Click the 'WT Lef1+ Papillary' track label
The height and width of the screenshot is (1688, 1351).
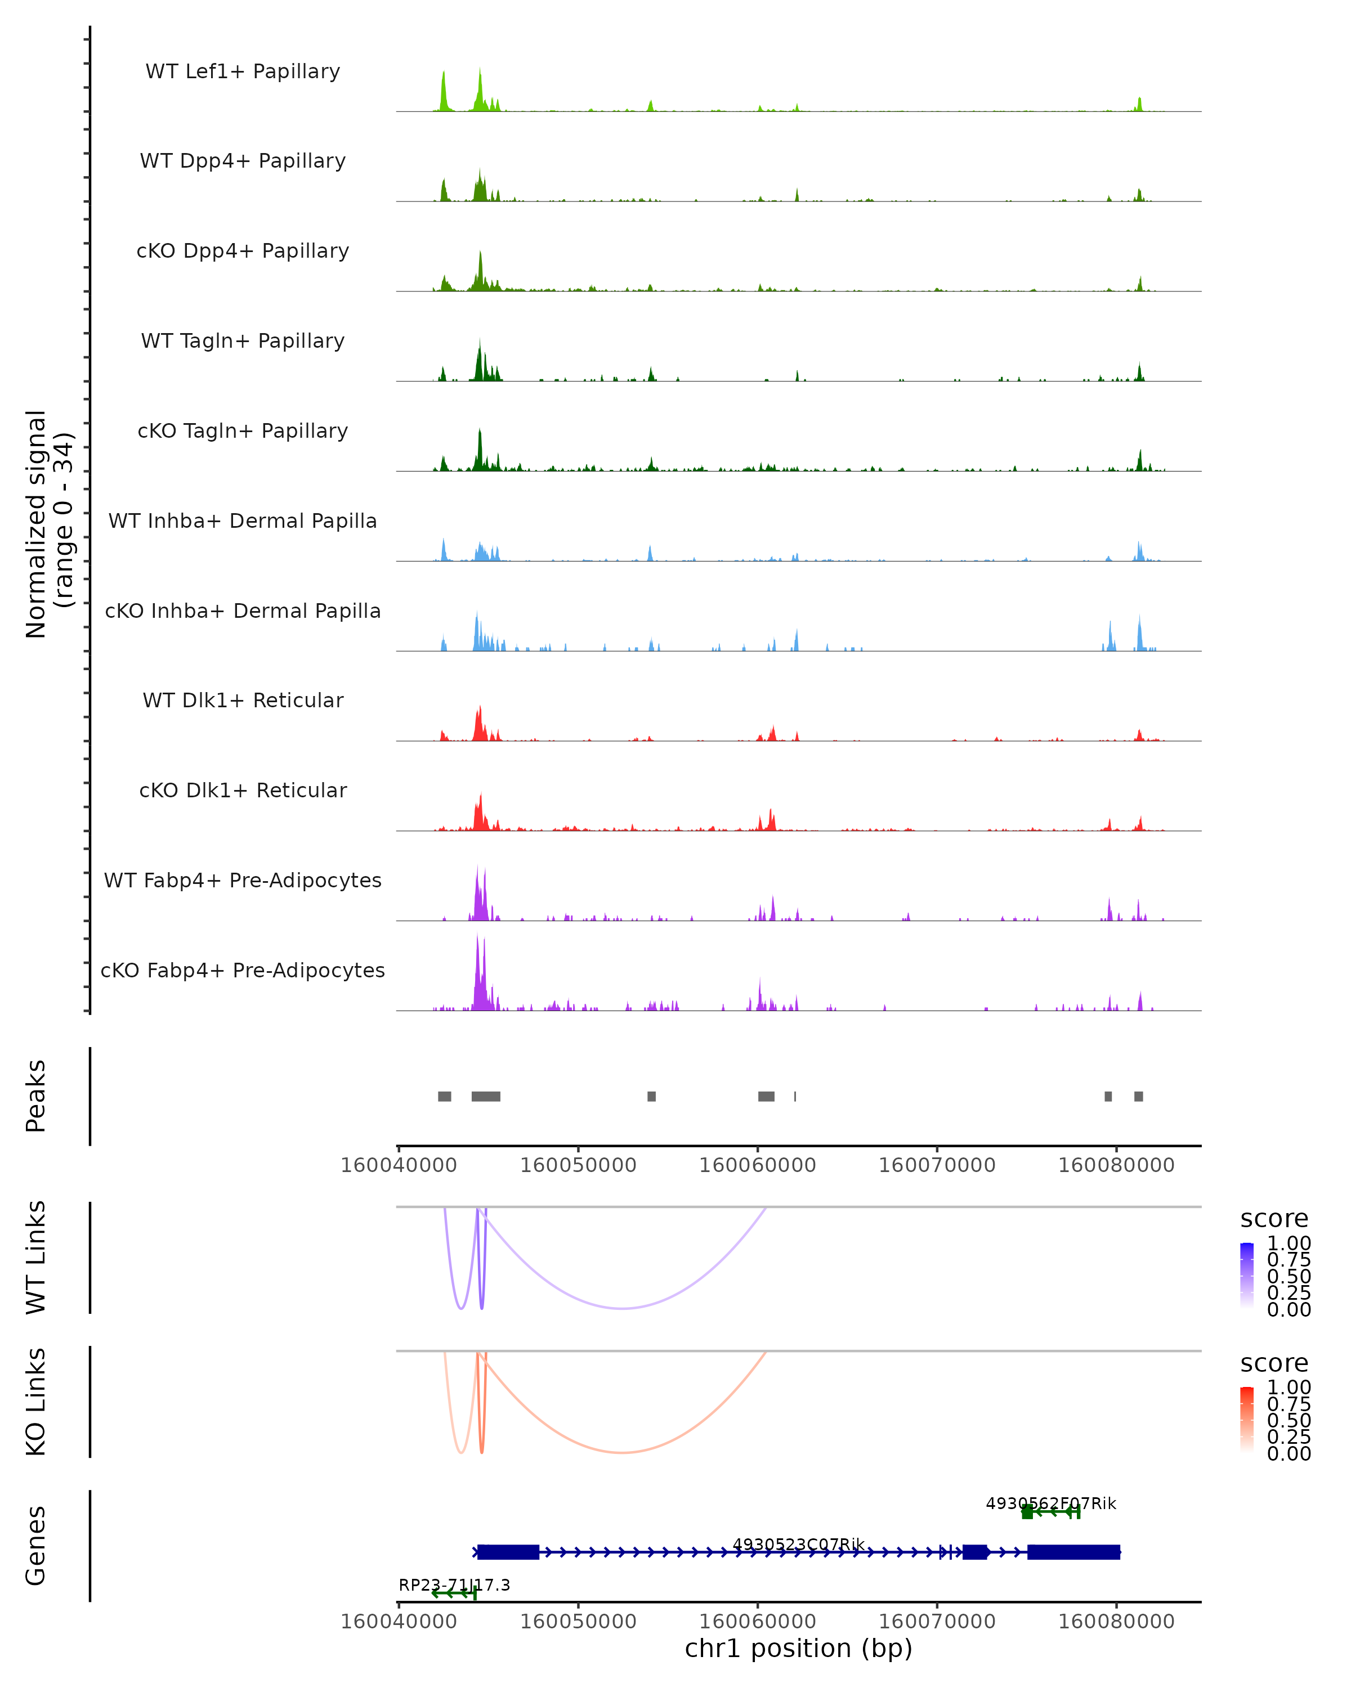(243, 71)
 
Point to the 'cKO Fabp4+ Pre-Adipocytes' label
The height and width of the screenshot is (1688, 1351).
(243, 970)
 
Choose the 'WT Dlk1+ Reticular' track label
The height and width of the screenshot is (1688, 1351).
(243, 700)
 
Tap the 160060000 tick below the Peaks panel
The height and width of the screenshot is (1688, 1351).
(757, 1165)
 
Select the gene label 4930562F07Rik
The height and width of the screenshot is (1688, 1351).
(1050, 1503)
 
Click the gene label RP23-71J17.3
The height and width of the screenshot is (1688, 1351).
(454, 1584)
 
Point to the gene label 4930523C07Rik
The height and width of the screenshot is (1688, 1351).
(798, 1544)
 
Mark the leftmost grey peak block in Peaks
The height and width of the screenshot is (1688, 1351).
(444, 1096)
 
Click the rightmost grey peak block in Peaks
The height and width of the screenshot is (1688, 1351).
(1138, 1096)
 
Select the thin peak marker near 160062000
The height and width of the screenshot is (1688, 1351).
(795, 1096)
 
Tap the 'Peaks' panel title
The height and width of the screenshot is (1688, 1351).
(36, 1096)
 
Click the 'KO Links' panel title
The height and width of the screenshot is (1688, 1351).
(36, 1402)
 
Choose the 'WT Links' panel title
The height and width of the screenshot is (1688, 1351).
(36, 1258)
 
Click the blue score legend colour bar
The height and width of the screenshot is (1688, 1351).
(1247, 1274)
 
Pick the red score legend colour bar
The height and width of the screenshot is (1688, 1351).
(1247, 1418)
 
